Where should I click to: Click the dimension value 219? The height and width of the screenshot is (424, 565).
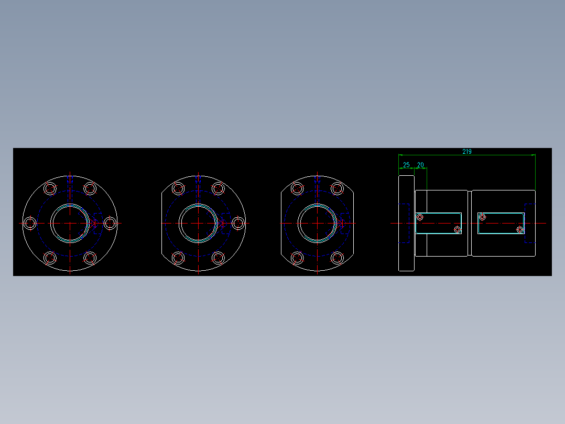coord(466,152)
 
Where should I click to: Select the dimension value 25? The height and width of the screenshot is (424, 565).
coord(406,165)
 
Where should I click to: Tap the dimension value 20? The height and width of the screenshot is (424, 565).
coord(420,165)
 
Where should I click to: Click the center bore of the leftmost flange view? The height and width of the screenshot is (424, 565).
coord(70,223)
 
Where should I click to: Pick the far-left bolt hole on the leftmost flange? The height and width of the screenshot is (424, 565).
coord(30,223)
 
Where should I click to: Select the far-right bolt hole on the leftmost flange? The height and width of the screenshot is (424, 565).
coord(110,223)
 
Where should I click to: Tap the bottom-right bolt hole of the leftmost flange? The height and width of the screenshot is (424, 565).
coord(90,258)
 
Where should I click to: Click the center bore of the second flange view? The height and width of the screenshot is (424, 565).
coord(198,223)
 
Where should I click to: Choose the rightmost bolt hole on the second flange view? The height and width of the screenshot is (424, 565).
coord(238,223)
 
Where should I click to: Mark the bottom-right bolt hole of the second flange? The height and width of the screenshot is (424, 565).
coord(218,258)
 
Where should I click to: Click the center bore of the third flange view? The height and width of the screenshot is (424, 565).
coord(317,223)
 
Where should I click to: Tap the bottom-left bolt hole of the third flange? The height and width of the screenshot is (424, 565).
coord(297,258)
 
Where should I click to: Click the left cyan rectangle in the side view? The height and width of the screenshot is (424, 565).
coord(439,223)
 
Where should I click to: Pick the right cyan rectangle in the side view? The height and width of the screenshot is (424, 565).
coord(501,223)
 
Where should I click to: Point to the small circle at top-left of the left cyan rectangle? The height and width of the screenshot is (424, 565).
coord(419,217)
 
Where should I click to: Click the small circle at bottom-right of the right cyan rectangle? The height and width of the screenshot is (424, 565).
coord(520,230)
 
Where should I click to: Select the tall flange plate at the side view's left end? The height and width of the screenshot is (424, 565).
coord(406,223)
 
